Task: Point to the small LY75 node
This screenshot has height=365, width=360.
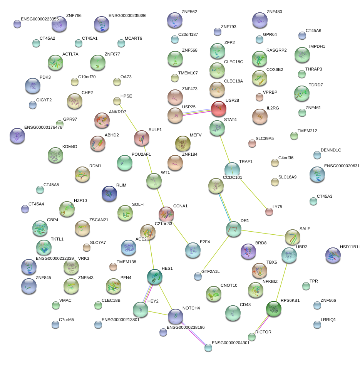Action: click(269, 211)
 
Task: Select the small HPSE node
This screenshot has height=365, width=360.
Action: click(117, 101)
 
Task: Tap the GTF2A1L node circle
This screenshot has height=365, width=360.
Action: click(198, 276)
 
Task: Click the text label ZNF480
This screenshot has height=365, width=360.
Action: click(274, 12)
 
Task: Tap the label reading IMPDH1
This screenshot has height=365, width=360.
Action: click(317, 47)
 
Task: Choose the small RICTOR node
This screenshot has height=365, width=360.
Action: click(252, 337)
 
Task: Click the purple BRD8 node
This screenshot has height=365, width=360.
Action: click(248, 251)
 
